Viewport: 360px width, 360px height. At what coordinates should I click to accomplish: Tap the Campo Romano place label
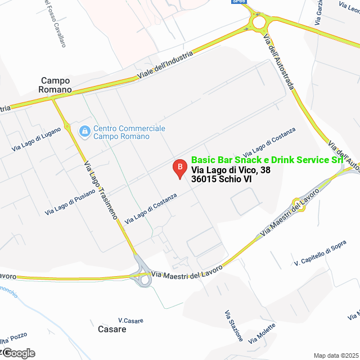click(55, 85)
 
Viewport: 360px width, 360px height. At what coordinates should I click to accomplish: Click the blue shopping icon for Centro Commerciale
click(84, 132)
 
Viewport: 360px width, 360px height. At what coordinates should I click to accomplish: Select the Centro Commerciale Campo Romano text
click(129, 132)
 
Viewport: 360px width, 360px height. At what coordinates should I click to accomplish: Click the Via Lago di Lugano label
click(35, 139)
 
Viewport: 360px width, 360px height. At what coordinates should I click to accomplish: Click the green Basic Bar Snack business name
click(267, 160)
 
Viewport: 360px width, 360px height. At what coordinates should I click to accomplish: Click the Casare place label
click(112, 329)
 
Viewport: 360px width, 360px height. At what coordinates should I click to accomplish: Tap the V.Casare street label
click(130, 320)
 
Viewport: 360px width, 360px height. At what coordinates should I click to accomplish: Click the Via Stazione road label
click(234, 326)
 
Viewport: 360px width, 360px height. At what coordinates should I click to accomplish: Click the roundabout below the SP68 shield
click(259, 22)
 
